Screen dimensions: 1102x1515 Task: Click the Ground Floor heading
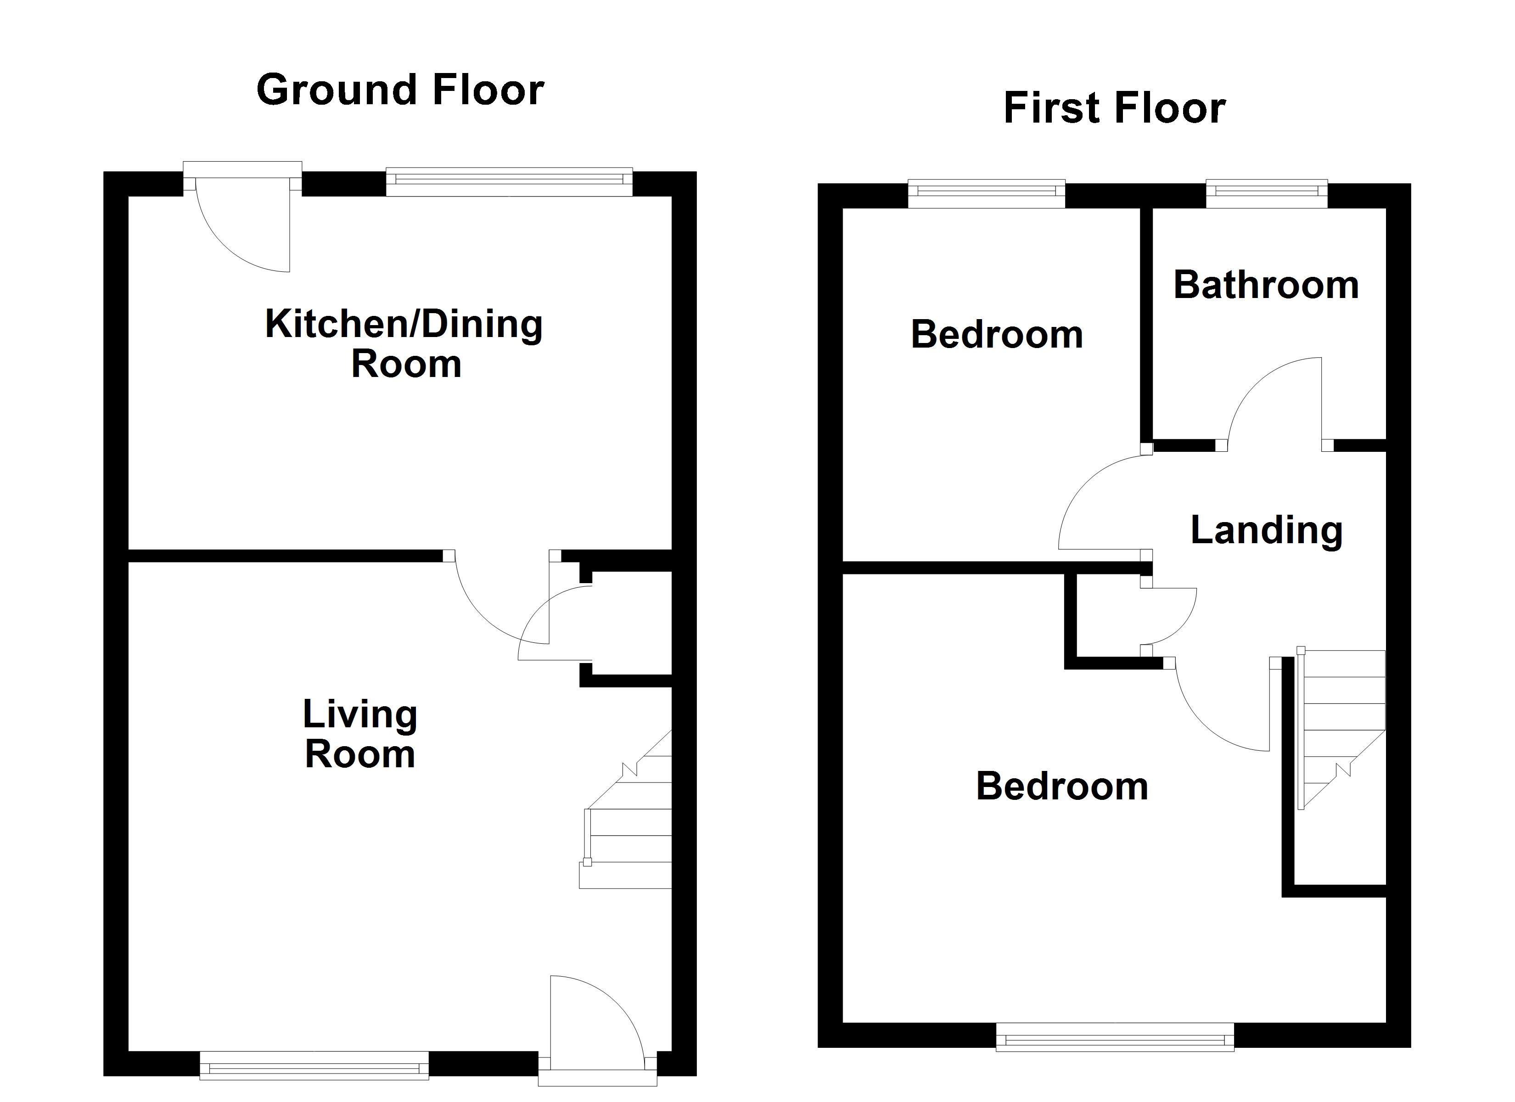pyautogui.click(x=400, y=90)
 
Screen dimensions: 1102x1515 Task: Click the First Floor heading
pyautogui.click(x=1114, y=108)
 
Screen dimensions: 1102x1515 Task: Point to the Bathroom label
pyautogui.click(x=1266, y=285)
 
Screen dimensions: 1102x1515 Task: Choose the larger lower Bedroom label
pyautogui.click(x=1062, y=786)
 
